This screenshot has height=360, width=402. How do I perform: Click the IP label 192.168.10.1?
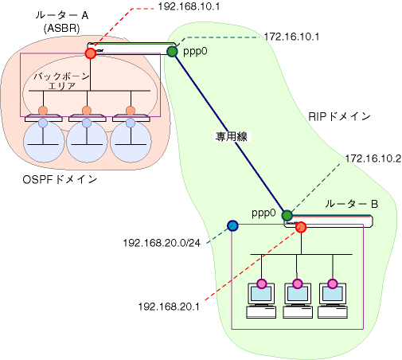pos(189,6)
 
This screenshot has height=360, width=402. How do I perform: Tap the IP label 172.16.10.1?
pos(291,37)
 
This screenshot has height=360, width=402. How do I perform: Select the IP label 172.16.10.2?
pos(373,158)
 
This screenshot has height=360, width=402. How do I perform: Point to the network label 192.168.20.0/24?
pos(162,243)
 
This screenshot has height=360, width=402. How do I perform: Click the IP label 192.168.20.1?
pos(169,307)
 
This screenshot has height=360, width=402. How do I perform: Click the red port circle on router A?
pos(91,53)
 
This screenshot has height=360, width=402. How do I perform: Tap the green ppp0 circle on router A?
pos(172,52)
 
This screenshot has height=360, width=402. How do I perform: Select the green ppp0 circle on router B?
pos(287,216)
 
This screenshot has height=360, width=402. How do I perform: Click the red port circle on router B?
pos(301,227)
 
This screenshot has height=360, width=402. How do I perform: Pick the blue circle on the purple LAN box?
pos(232,225)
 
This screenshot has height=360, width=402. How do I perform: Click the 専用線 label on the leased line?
pos(232,137)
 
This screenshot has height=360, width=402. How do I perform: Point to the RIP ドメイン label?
pos(339,116)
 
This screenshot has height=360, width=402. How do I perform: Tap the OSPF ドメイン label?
pos(60,180)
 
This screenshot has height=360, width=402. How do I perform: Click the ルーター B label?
pos(352,204)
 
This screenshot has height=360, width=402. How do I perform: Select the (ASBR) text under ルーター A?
pos(61,28)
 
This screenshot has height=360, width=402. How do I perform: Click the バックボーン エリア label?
pos(62,81)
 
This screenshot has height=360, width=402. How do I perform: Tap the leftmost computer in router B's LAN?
pos(261,300)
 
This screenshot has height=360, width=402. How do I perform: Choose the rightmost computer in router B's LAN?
pos(333,300)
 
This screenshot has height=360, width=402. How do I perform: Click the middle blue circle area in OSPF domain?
pos(87,142)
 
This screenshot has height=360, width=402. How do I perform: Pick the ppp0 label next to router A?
pos(195,52)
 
